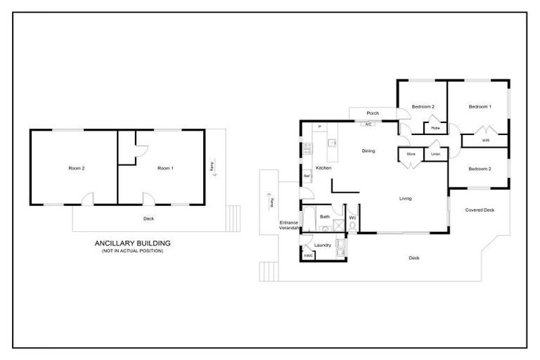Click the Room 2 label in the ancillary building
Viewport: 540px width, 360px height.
pyautogui.click(x=76, y=169)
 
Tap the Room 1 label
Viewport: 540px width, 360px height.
pyautogui.click(x=165, y=169)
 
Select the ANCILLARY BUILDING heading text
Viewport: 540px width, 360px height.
pyautogui.click(x=133, y=243)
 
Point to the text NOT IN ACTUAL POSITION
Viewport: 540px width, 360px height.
pyautogui.click(x=133, y=251)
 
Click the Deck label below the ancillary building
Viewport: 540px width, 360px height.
pyautogui.click(x=148, y=219)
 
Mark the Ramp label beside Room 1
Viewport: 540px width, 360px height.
pyautogui.click(x=212, y=167)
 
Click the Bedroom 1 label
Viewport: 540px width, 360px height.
pyautogui.click(x=480, y=106)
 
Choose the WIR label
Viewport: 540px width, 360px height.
pyautogui.click(x=485, y=141)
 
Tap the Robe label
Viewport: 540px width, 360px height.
pyautogui.click(x=435, y=128)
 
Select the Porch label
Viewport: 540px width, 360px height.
pyautogui.click(x=373, y=113)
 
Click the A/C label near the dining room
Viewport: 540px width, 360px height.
pyautogui.click(x=368, y=124)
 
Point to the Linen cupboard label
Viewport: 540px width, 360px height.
pyautogui.click(x=435, y=153)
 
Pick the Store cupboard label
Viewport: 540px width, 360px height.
pyautogui.click(x=411, y=153)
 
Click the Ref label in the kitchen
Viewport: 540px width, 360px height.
pyautogui.click(x=307, y=176)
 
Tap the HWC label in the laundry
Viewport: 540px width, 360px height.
pyautogui.click(x=308, y=255)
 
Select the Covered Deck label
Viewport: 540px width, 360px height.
pyautogui.click(x=480, y=210)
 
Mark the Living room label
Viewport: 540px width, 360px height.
pyautogui.click(x=406, y=199)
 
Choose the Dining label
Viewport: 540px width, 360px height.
pyautogui.click(x=368, y=151)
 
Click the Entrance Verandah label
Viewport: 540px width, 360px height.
pyautogui.click(x=289, y=226)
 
